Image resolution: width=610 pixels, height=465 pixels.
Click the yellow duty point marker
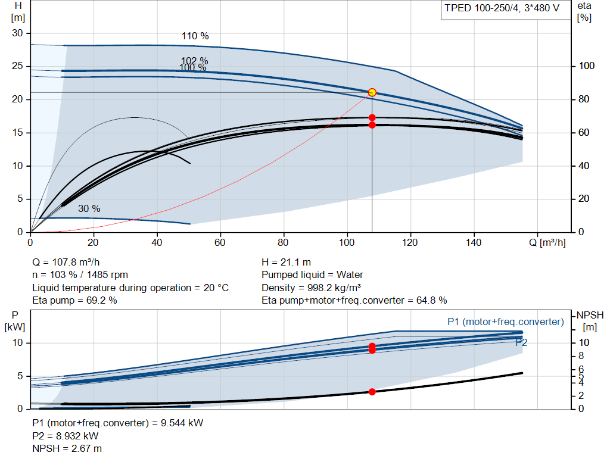(372, 92)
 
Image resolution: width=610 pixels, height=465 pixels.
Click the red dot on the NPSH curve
(372, 392)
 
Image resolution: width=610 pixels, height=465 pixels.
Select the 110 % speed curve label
(195, 36)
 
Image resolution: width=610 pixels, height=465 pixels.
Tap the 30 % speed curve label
(89, 209)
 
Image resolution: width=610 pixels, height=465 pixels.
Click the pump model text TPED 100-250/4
(481, 8)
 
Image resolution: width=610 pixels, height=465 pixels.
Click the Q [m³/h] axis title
(547, 242)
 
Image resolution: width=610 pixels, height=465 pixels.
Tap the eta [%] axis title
(584, 12)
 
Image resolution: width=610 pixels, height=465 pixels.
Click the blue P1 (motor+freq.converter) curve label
(505, 322)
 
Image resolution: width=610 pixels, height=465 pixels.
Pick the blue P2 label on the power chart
(521, 342)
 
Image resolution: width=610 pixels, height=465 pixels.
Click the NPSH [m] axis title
(590, 321)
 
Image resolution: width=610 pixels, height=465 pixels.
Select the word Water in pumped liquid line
(350, 275)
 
